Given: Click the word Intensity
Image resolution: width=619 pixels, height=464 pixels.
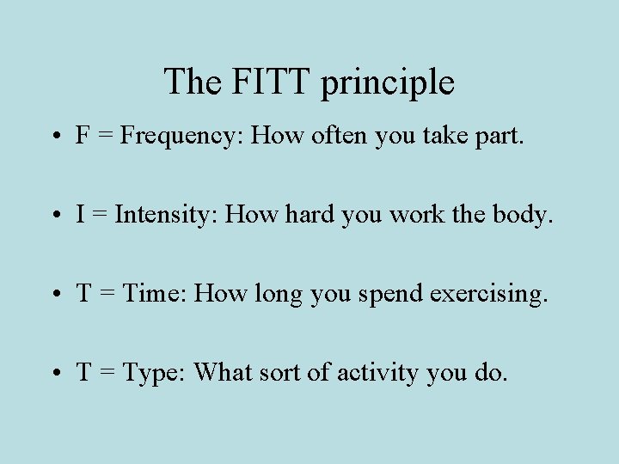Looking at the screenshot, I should tap(167, 215).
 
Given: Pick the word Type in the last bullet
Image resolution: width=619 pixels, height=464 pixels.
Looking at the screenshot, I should tap(155, 374).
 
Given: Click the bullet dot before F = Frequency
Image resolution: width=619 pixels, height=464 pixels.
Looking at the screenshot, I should tap(54, 136).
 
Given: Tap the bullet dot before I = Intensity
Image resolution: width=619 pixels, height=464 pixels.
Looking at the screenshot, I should tap(54, 215).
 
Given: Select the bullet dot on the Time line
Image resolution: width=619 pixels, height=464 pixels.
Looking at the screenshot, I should tap(54, 294).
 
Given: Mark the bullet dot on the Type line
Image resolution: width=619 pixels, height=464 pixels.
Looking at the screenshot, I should tap(54, 373).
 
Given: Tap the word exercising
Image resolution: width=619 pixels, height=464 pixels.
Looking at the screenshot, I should tap(487, 295).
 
